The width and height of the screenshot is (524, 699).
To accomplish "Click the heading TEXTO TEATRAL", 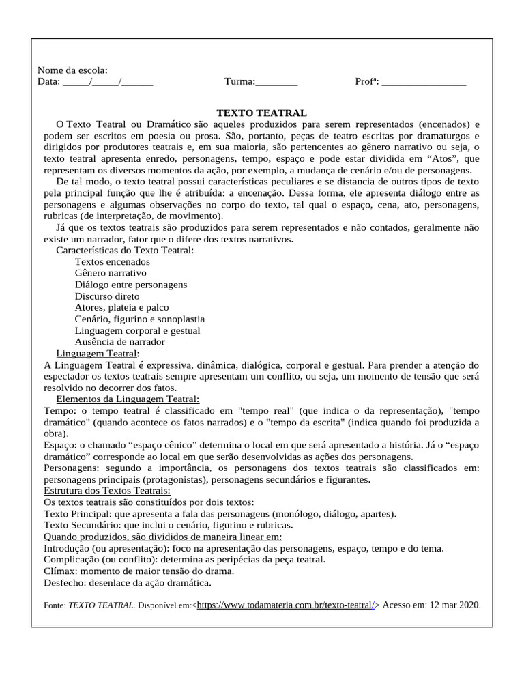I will click(262, 113).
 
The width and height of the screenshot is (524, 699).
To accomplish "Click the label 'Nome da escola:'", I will click(72, 70).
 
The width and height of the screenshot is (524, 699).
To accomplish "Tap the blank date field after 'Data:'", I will click(108, 82).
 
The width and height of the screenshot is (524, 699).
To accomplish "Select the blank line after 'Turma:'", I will click(276, 82).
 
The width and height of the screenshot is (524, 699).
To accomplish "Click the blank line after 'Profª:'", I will click(424, 82).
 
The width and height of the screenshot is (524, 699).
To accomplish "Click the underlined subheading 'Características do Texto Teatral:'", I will click(125, 251).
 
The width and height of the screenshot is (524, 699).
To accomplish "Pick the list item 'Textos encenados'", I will click(113, 262).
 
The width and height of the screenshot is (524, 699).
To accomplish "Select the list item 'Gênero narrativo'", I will click(111, 273).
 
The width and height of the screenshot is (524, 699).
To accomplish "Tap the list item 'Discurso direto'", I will click(107, 296).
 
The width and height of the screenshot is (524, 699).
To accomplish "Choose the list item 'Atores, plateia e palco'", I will click(121, 308).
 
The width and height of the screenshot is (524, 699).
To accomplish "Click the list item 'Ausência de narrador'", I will click(120, 341).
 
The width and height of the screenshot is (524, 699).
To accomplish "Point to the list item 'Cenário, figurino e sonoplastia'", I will click(140, 319).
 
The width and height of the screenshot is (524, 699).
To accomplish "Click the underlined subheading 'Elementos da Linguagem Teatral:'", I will click(128, 399).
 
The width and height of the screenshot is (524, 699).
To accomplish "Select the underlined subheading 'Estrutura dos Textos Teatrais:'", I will click(107, 490).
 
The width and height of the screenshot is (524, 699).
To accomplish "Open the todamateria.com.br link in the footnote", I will click(286, 605).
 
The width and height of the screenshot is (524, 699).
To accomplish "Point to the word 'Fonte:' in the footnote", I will click(55, 605).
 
